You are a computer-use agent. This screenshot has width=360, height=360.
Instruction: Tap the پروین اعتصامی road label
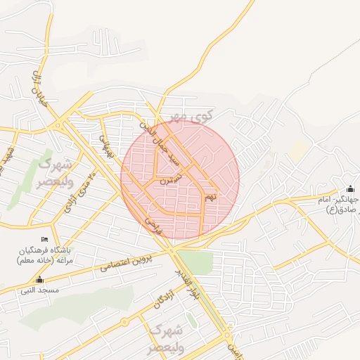[x=127, y=261]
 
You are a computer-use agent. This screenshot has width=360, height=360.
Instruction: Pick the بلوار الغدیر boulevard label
[x=188, y=284]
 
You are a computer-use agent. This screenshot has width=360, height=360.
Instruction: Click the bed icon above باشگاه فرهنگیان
[x=45, y=239]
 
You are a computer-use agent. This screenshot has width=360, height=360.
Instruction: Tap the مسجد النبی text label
[x=39, y=290]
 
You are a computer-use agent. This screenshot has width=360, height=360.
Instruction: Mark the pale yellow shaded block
[x=299, y=150]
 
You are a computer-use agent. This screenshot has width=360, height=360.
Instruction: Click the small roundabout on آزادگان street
[x=124, y=323]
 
